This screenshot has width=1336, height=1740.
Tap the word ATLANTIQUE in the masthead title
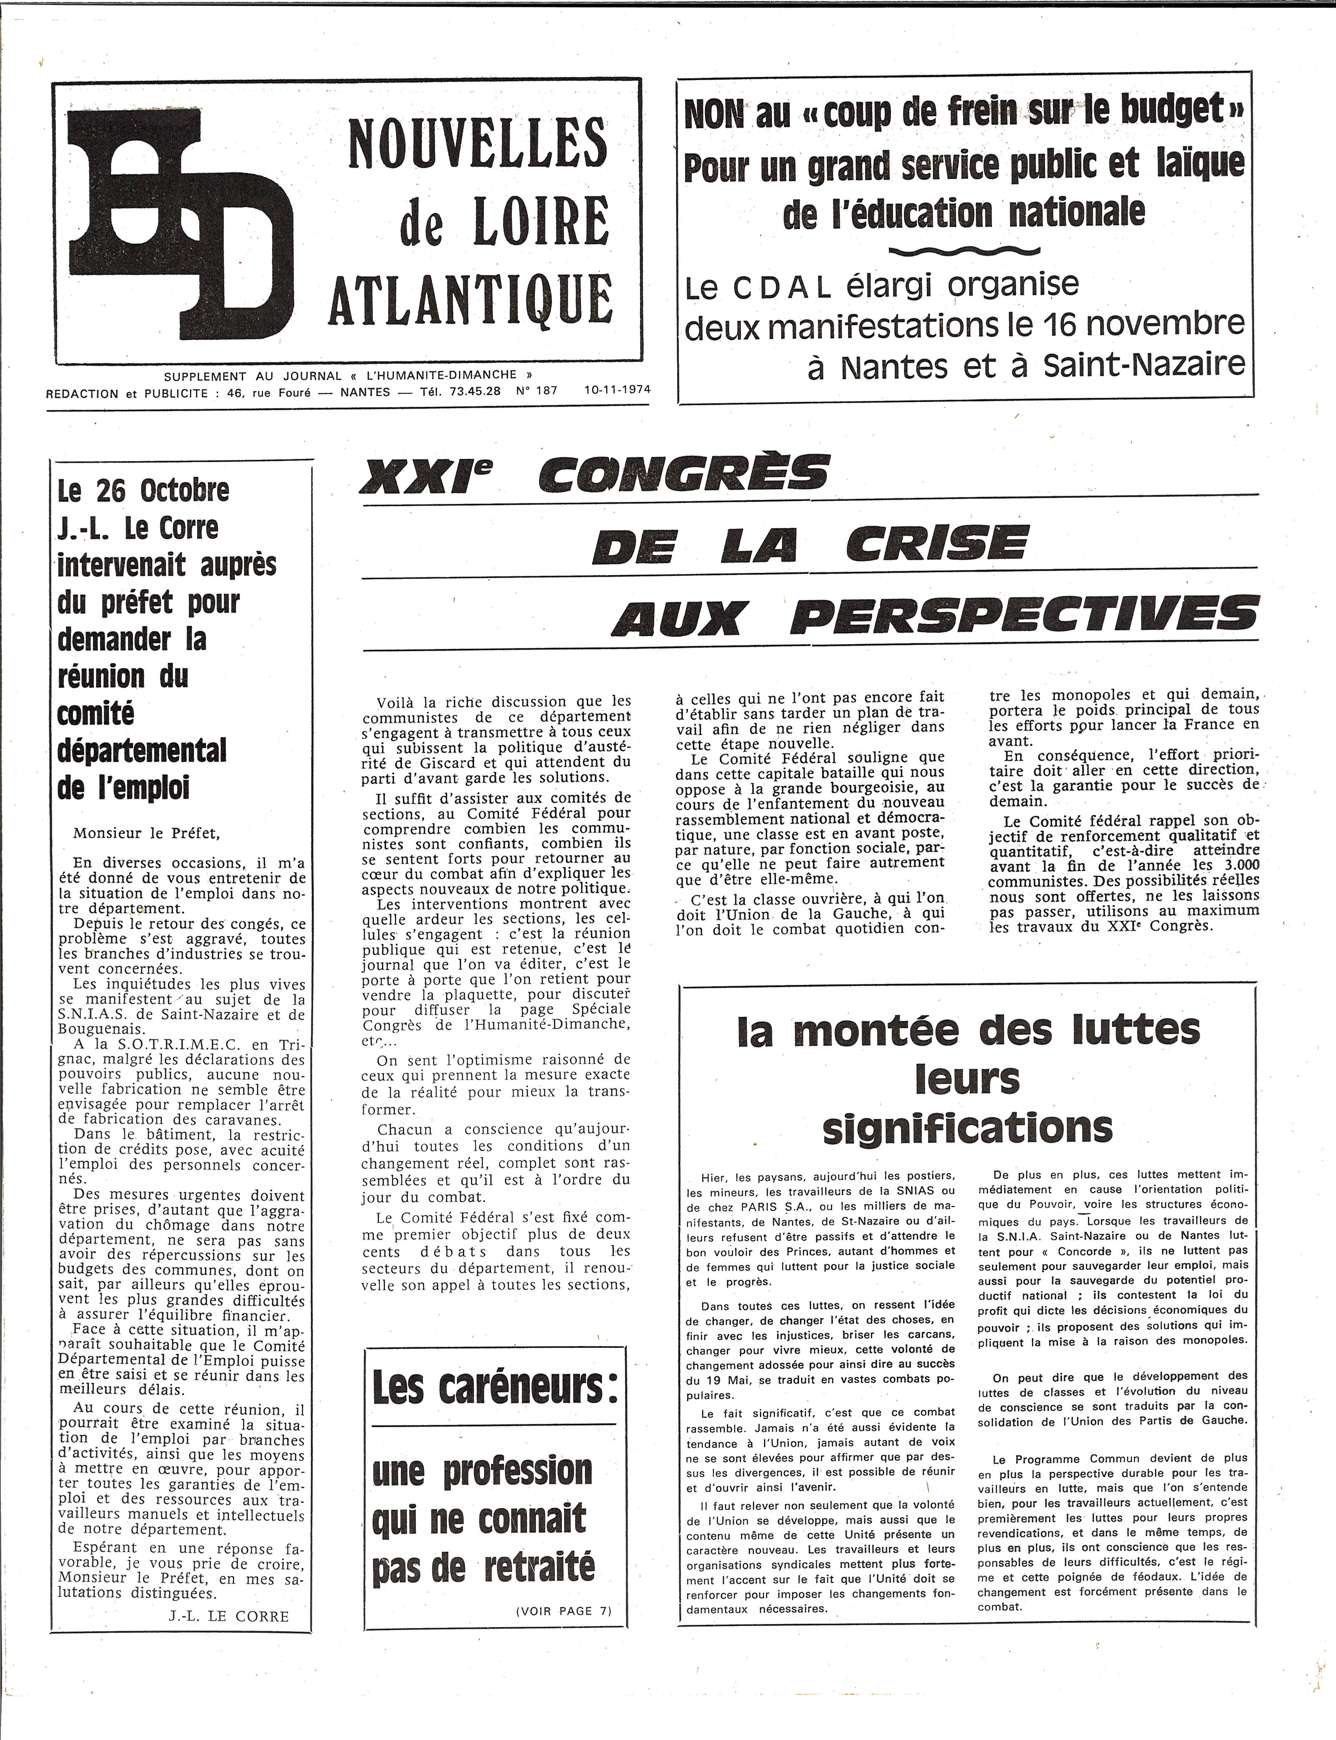[x=470, y=300]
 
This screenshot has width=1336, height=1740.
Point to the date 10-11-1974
[x=616, y=390]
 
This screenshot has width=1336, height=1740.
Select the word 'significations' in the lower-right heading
[x=967, y=1128]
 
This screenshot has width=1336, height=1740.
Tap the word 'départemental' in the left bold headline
[x=142, y=750]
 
